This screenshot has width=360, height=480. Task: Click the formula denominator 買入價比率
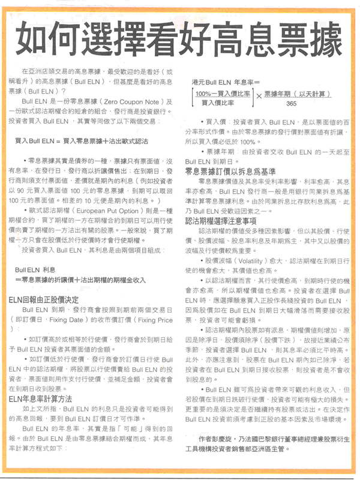coord(217,104)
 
